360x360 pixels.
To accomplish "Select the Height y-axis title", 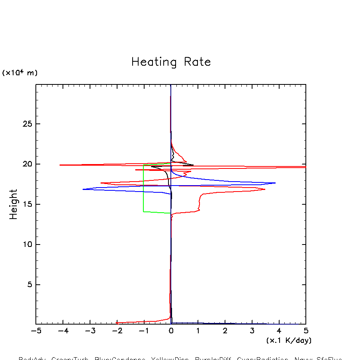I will click(x=14, y=204).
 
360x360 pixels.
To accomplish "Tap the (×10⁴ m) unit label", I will click(x=20, y=73).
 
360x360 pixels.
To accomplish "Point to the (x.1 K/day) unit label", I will click(x=289, y=340).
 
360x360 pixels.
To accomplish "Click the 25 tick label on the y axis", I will click(x=26, y=124).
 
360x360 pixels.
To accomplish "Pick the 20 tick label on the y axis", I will click(x=26, y=164).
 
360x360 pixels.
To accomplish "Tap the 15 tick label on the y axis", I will click(x=26, y=204).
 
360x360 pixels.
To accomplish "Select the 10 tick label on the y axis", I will click(x=26, y=245).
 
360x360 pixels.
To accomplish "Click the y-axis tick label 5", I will click(x=29, y=285).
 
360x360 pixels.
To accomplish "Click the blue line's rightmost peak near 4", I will click(x=275, y=183).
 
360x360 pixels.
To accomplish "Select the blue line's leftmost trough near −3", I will click(x=83, y=189).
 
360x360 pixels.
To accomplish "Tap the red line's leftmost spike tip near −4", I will click(x=60, y=165).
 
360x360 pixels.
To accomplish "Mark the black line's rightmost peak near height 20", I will click(x=193, y=165).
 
